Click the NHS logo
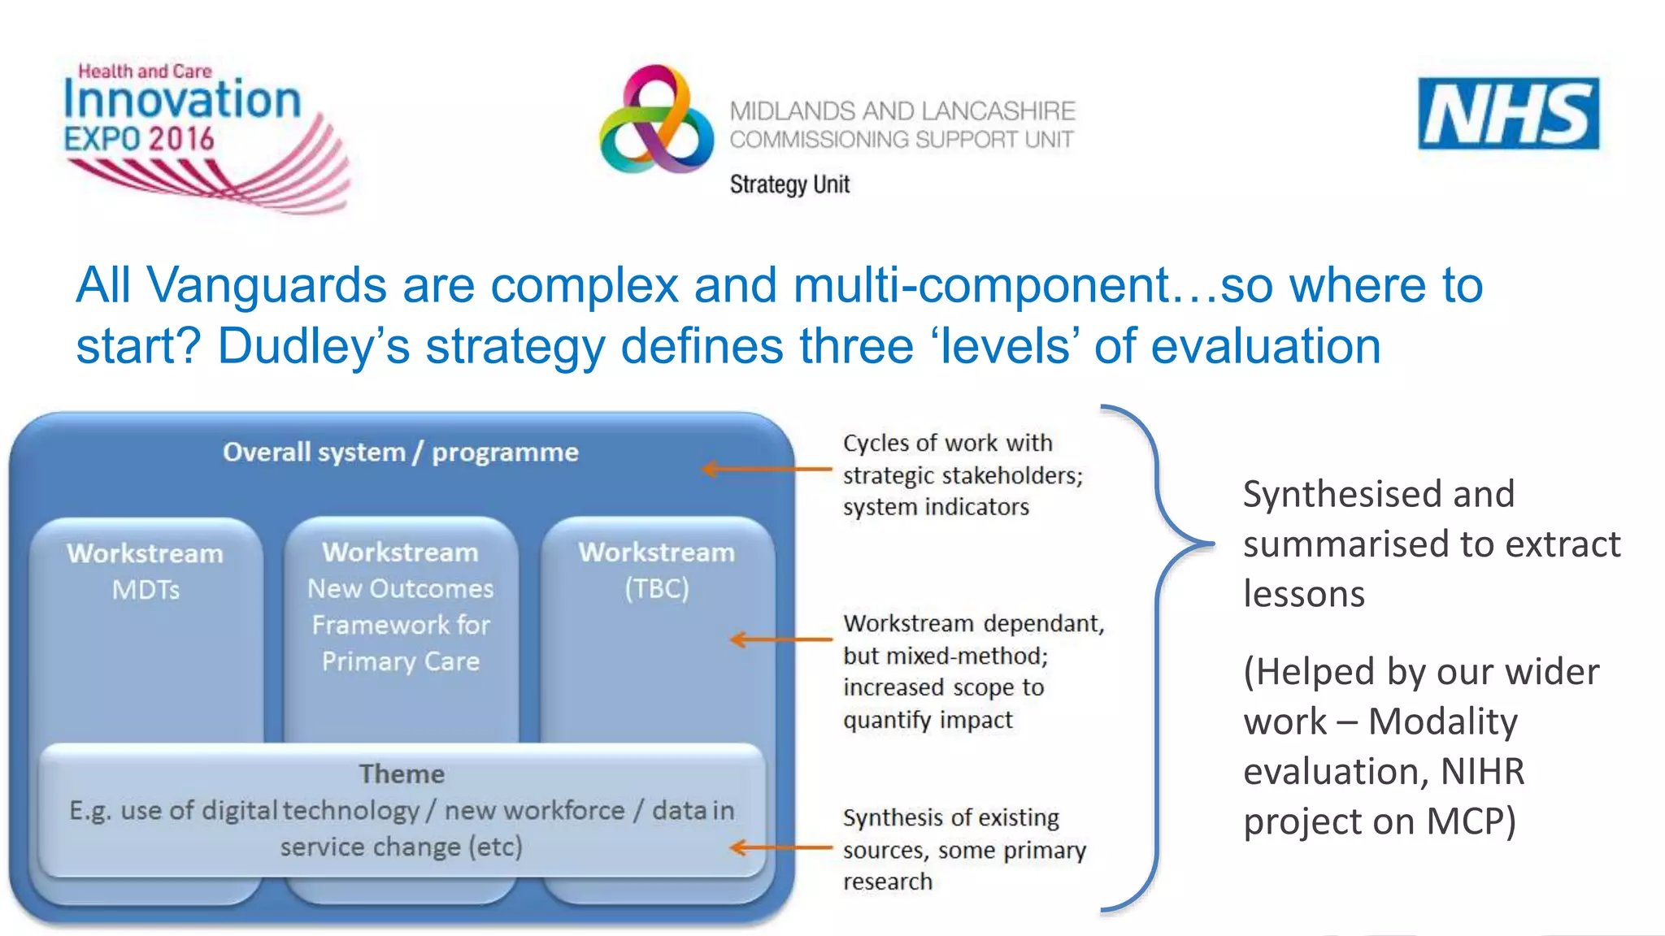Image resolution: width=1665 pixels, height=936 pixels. (x=1508, y=114)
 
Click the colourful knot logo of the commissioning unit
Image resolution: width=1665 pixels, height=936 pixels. (x=657, y=120)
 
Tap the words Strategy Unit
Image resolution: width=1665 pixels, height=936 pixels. (x=789, y=184)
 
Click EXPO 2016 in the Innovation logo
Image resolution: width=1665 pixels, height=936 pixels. (x=139, y=139)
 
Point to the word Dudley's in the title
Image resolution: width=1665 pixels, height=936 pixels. (x=314, y=347)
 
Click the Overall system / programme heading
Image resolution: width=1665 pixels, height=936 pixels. (x=400, y=452)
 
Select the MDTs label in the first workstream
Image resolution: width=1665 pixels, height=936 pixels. (x=146, y=589)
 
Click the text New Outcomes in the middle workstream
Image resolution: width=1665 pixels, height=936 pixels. (x=400, y=588)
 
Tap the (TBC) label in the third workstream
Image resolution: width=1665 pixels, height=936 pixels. (x=656, y=588)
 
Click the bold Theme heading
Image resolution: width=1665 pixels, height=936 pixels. (x=402, y=773)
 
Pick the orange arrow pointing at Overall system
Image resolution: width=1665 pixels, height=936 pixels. (x=766, y=469)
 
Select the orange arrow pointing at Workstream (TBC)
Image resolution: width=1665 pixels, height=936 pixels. (x=780, y=639)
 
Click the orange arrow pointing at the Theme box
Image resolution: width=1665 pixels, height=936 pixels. (x=780, y=847)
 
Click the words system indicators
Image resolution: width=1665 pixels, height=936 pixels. (x=936, y=507)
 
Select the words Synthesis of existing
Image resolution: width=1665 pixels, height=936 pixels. (x=950, y=817)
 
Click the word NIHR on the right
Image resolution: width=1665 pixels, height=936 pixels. (x=1482, y=771)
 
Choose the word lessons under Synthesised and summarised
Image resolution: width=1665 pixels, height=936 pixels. (x=1303, y=594)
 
